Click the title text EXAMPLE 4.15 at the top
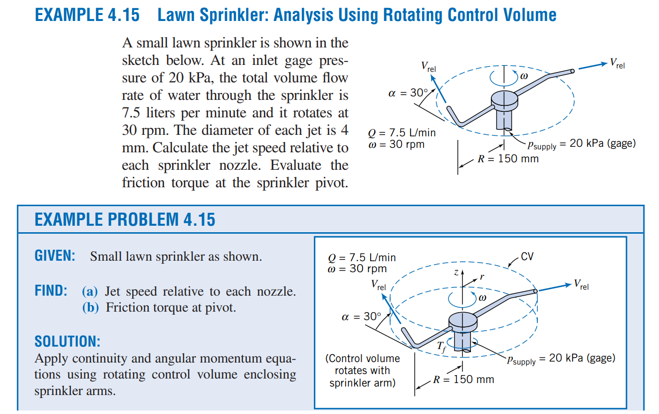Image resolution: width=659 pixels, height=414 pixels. coord(87,15)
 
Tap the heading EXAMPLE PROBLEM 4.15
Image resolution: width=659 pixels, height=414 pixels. coord(125,219)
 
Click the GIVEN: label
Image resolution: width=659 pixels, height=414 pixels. coord(55,257)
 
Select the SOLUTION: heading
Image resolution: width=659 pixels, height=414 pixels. coord(67,342)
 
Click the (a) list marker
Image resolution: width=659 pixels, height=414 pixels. coord(90,292)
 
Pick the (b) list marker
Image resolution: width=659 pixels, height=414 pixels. coord(90,308)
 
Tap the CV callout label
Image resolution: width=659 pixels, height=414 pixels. coord(527,257)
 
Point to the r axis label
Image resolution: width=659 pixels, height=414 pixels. coord(481,276)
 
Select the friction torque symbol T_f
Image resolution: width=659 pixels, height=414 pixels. coord(441,346)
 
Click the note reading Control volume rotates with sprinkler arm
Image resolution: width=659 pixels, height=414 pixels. coord(362,371)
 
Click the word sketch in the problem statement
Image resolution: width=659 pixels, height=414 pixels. coord(141,60)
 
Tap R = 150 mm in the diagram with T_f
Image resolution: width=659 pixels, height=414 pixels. coord(463,379)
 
